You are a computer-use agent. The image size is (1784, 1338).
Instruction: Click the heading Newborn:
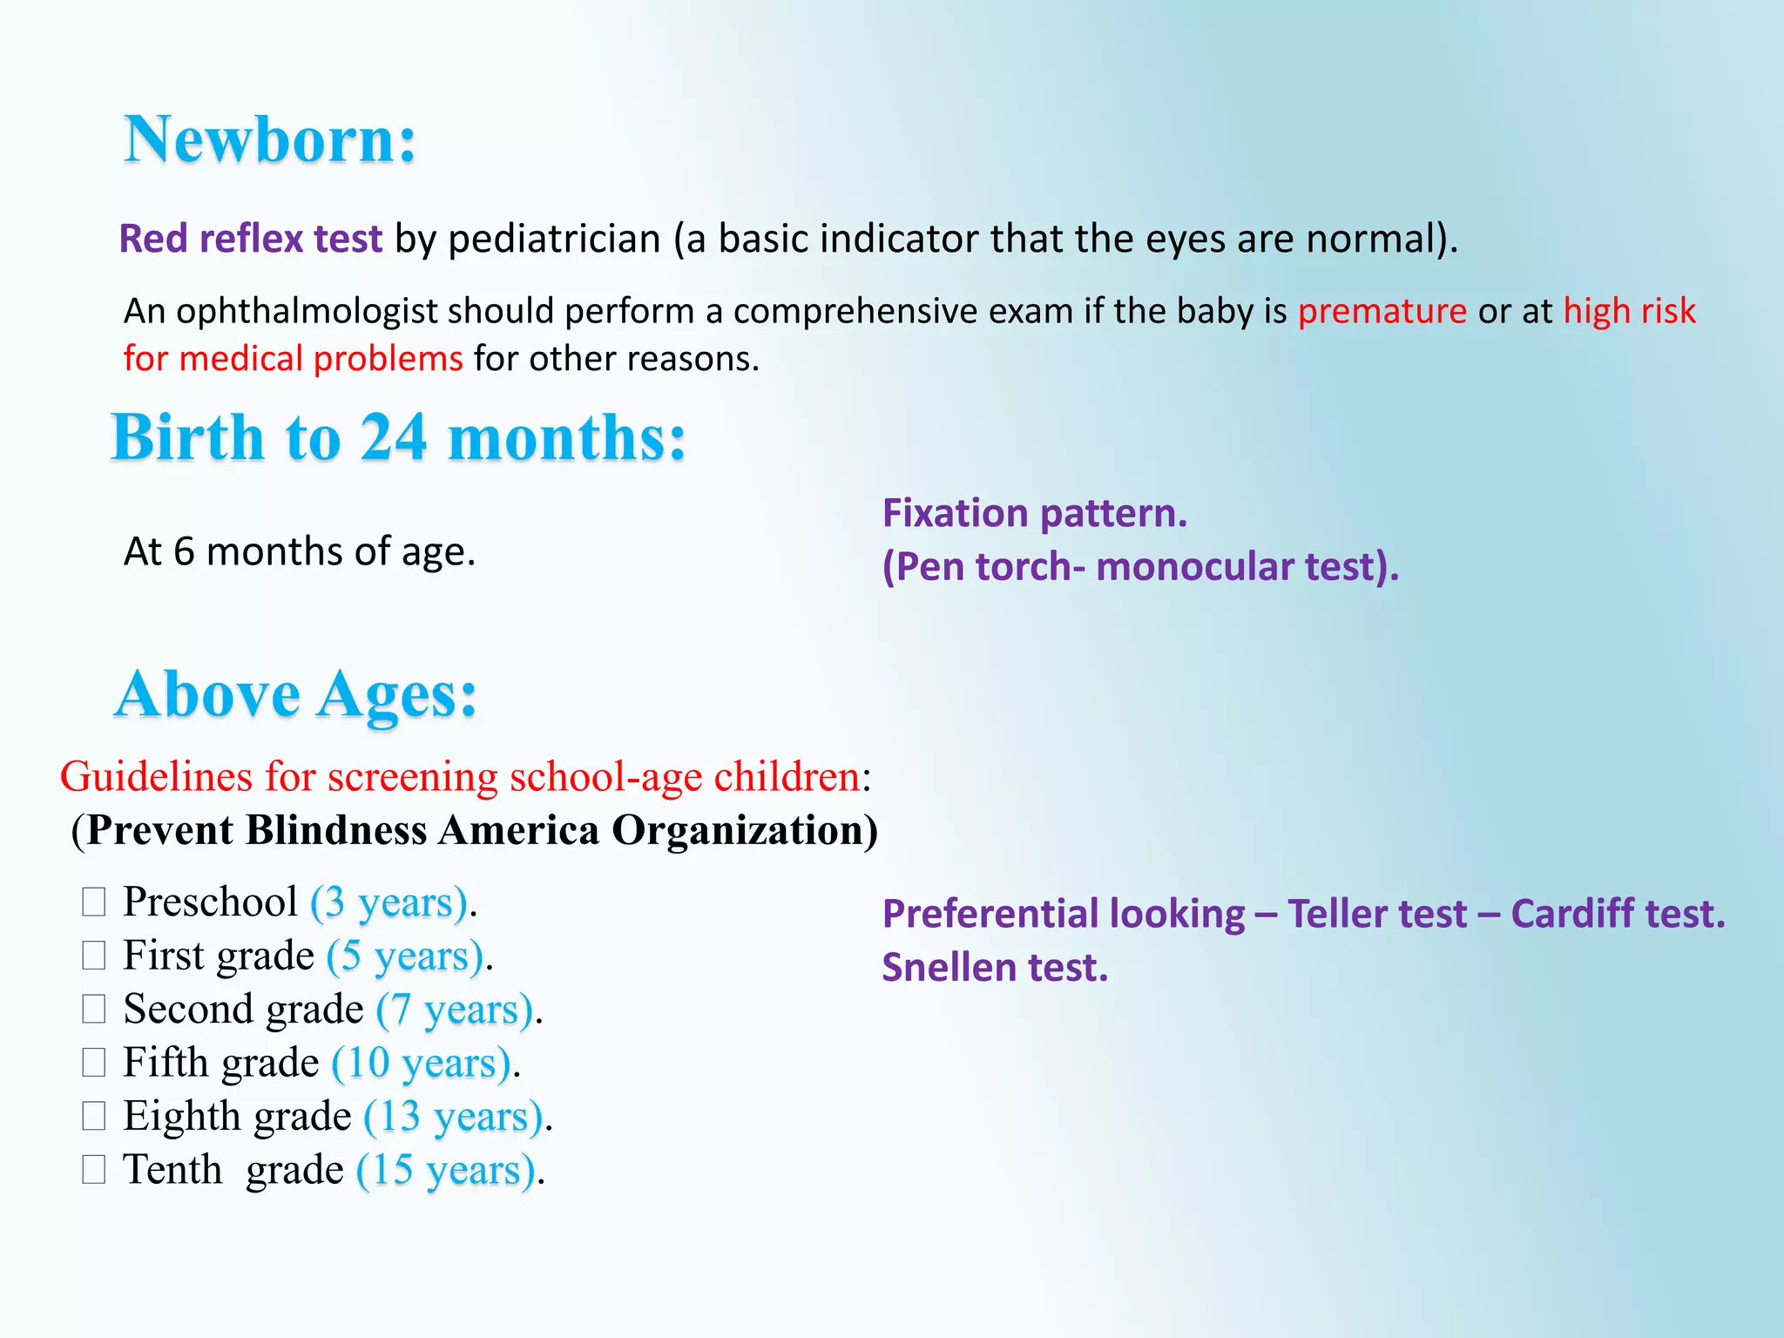tap(270, 140)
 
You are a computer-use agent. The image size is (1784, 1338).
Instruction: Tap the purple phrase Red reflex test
tap(251, 239)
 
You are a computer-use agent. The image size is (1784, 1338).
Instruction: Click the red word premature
tap(1382, 311)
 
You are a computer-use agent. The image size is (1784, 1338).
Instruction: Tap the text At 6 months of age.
tap(300, 551)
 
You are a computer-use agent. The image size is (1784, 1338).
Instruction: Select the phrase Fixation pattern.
tap(1034, 513)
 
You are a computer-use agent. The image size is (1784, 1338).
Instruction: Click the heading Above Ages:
tap(296, 695)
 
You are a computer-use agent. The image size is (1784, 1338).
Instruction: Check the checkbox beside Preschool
tap(94, 902)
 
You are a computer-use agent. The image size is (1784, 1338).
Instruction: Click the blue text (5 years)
tap(405, 956)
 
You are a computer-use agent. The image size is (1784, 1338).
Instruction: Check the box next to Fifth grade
tap(94, 1063)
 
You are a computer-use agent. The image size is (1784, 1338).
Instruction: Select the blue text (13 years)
tap(454, 1117)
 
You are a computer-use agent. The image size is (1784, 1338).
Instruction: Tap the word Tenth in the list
tap(172, 1170)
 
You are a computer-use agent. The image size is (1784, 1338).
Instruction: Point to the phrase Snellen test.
tap(994, 968)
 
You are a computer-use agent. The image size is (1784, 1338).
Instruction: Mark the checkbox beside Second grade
tap(94, 1009)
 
